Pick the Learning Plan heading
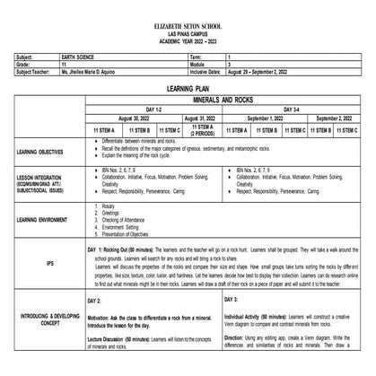[188, 90]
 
